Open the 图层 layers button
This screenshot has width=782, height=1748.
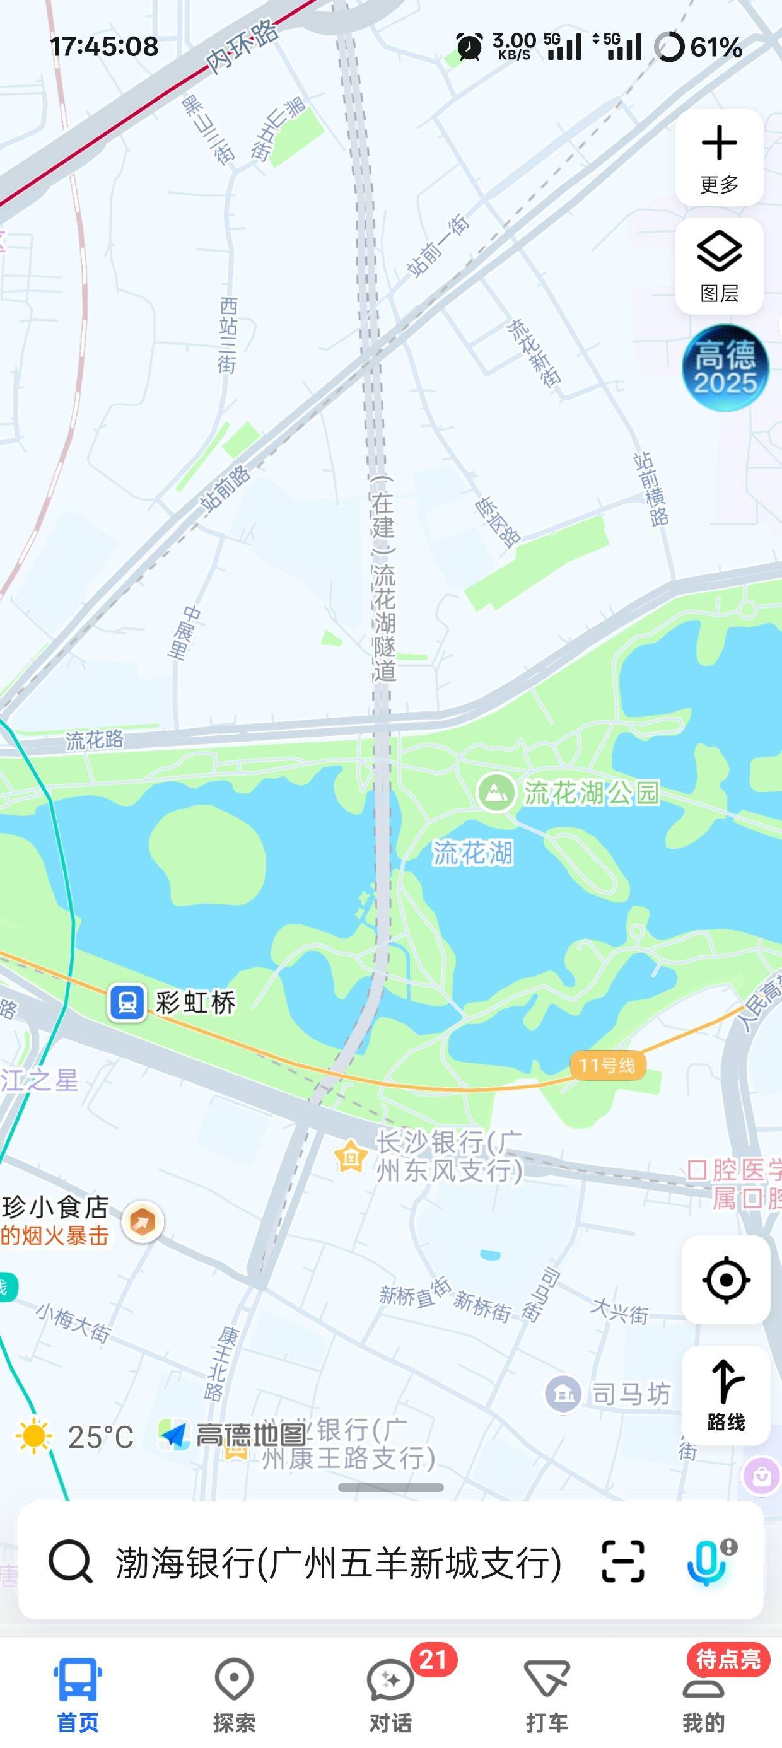pyautogui.click(x=719, y=266)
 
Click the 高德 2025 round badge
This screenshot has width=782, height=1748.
pyautogui.click(x=725, y=368)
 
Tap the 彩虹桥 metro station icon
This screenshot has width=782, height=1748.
pyautogui.click(x=127, y=1002)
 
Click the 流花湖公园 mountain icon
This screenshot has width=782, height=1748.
pyautogui.click(x=496, y=792)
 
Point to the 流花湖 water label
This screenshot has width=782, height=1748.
pyautogui.click(x=473, y=853)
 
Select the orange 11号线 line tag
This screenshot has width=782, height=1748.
pyautogui.click(x=607, y=1065)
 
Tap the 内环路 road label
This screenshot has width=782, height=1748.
pyautogui.click(x=242, y=46)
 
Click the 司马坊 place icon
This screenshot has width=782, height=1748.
pyautogui.click(x=563, y=1394)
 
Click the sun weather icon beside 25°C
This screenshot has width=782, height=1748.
pyautogui.click(x=34, y=1436)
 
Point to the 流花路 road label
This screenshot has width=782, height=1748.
pyautogui.click(x=95, y=739)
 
